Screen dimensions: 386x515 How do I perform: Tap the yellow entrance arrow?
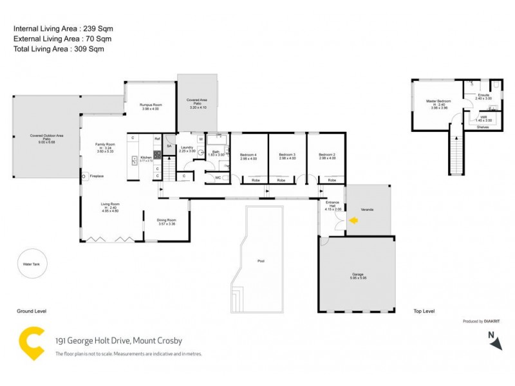point(353,221)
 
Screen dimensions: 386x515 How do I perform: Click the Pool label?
point(261,261)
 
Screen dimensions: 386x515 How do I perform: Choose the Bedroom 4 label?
point(248,155)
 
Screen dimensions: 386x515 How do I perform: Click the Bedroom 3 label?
point(287,155)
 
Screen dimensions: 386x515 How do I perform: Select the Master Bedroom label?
point(438,102)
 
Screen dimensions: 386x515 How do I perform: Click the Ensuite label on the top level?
point(483,95)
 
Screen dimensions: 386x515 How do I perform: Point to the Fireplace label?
point(97,176)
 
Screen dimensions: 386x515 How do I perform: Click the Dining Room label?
point(167,221)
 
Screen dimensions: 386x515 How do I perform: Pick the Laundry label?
point(187,147)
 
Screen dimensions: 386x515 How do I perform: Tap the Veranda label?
point(368,210)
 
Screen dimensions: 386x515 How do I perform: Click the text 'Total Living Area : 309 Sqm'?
point(59,48)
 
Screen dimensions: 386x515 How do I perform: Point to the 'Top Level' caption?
point(424,311)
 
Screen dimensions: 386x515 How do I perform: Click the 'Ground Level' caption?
point(32,311)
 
